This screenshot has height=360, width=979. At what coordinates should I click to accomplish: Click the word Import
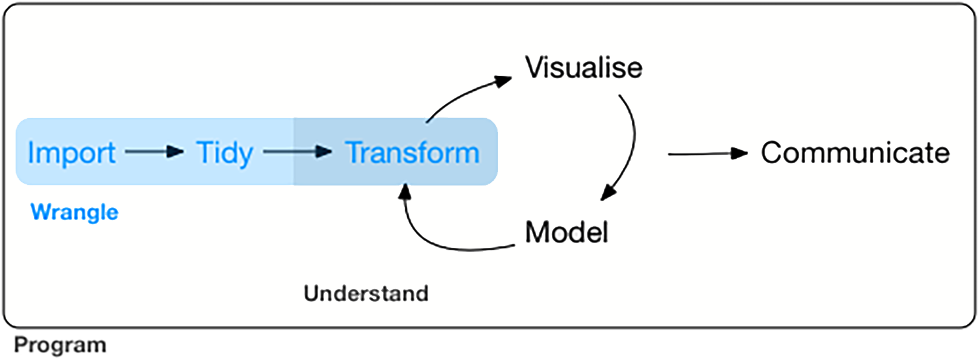71,153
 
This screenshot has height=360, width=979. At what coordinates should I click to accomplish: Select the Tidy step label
224,153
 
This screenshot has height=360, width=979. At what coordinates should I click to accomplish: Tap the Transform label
413,153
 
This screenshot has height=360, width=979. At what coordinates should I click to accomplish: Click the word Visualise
583,67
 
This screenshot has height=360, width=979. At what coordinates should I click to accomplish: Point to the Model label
566,232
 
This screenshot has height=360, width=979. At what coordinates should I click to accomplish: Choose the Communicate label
855,153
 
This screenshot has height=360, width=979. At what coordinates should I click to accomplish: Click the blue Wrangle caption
74,212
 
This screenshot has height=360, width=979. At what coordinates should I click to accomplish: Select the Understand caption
366,293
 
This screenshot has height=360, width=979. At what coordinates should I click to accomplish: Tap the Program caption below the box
60,345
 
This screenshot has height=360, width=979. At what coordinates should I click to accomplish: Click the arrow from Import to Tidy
154,152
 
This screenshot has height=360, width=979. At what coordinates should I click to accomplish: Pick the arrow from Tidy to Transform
297,152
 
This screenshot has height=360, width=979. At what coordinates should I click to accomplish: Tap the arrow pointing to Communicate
706,154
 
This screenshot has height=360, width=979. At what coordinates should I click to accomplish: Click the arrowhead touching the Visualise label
503,81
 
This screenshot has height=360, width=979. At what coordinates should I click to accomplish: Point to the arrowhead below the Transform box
405,192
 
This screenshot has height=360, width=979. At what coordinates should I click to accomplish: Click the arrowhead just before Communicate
739,153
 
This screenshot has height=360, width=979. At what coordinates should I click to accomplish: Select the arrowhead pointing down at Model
608,193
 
